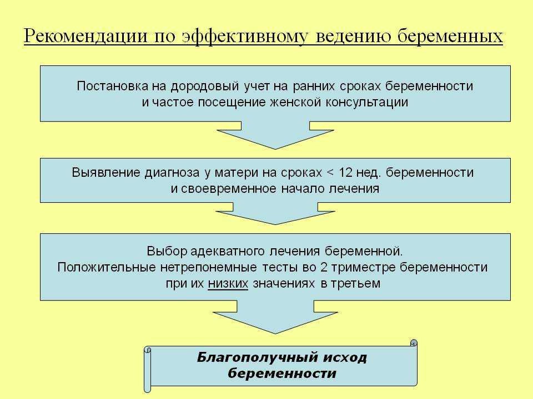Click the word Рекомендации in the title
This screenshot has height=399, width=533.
point(86,36)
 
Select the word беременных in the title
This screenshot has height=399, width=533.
point(450,36)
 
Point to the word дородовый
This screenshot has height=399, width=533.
point(205,86)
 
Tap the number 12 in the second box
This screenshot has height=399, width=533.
point(345,172)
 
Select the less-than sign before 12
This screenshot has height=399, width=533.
point(330,173)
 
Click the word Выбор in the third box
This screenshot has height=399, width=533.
point(167,251)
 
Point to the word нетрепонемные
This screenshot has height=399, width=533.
point(208,267)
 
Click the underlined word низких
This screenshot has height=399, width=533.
point(228,284)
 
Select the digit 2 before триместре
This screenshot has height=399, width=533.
point(324,267)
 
